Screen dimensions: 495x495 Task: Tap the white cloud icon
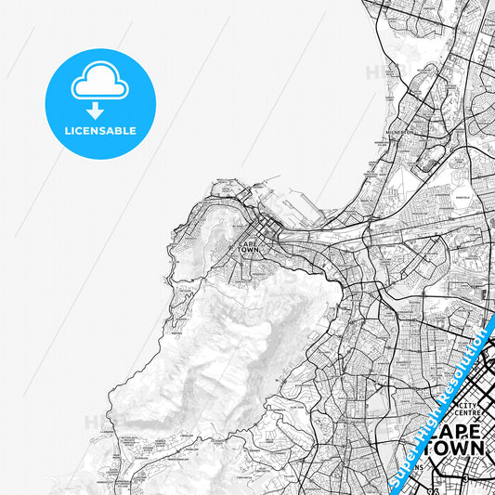[x=100, y=85]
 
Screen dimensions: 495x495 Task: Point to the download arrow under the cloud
[x=100, y=109]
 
